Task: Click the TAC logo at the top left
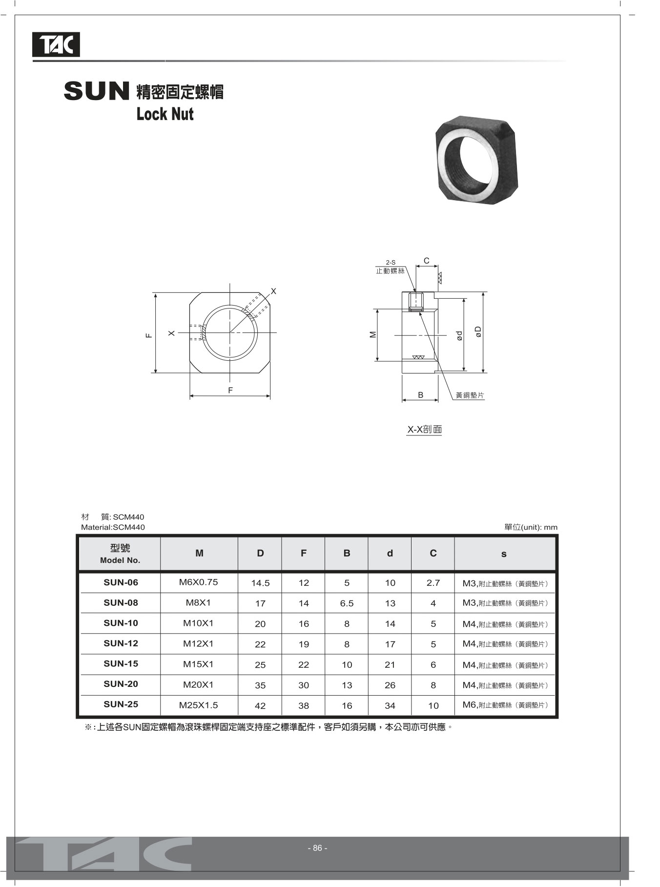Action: [56, 45]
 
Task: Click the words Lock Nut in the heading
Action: [165, 114]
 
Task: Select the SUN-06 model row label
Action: [121, 582]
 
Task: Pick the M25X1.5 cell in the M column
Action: [198, 705]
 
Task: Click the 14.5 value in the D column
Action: [260, 583]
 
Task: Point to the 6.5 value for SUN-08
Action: [347, 603]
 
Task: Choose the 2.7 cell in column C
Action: [433, 583]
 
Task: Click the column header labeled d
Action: [390, 554]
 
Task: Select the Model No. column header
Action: [120, 554]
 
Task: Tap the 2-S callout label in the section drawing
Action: [391, 263]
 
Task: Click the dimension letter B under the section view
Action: [420, 395]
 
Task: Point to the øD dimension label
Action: [478, 332]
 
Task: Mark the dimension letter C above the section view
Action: [426, 261]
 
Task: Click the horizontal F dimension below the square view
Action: [230, 391]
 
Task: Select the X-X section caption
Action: [424, 430]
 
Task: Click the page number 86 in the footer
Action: [317, 848]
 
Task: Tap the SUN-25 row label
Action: [121, 704]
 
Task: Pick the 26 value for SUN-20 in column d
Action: [390, 685]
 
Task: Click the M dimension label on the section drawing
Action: [373, 335]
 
